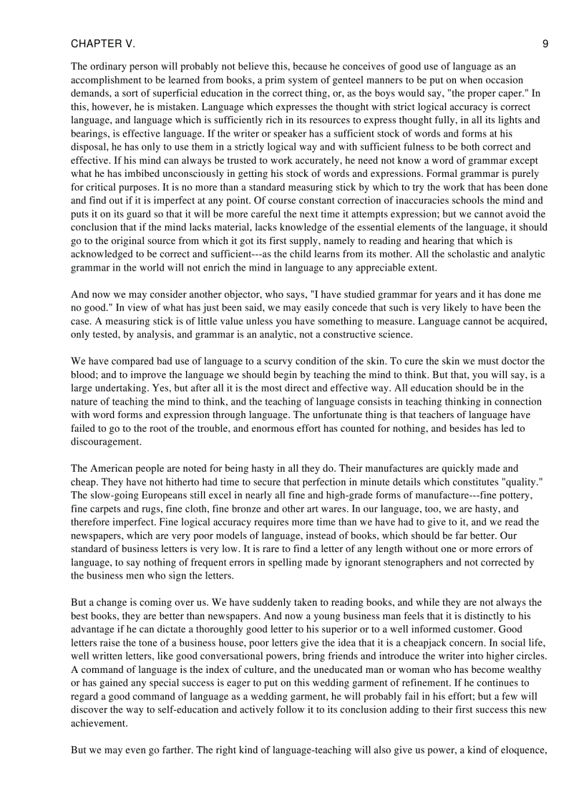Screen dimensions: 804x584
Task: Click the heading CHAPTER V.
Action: point(102,44)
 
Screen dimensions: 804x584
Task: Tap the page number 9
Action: point(545,44)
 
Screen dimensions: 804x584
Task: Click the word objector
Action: point(251,294)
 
